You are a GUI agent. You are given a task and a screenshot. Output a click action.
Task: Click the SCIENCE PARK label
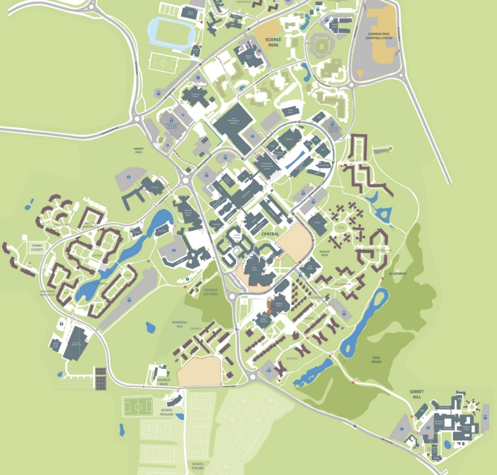(273, 43)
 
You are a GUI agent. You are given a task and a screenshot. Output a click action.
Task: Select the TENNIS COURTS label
(37, 247)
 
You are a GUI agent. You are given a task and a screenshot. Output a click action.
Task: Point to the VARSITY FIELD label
(138, 150)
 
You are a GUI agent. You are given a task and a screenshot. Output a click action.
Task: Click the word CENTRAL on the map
(270, 234)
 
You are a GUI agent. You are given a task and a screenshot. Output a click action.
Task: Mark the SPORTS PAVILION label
(167, 412)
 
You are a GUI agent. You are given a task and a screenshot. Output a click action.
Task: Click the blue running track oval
(170, 34)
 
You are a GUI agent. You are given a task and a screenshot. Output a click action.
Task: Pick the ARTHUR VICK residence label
(384, 250)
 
